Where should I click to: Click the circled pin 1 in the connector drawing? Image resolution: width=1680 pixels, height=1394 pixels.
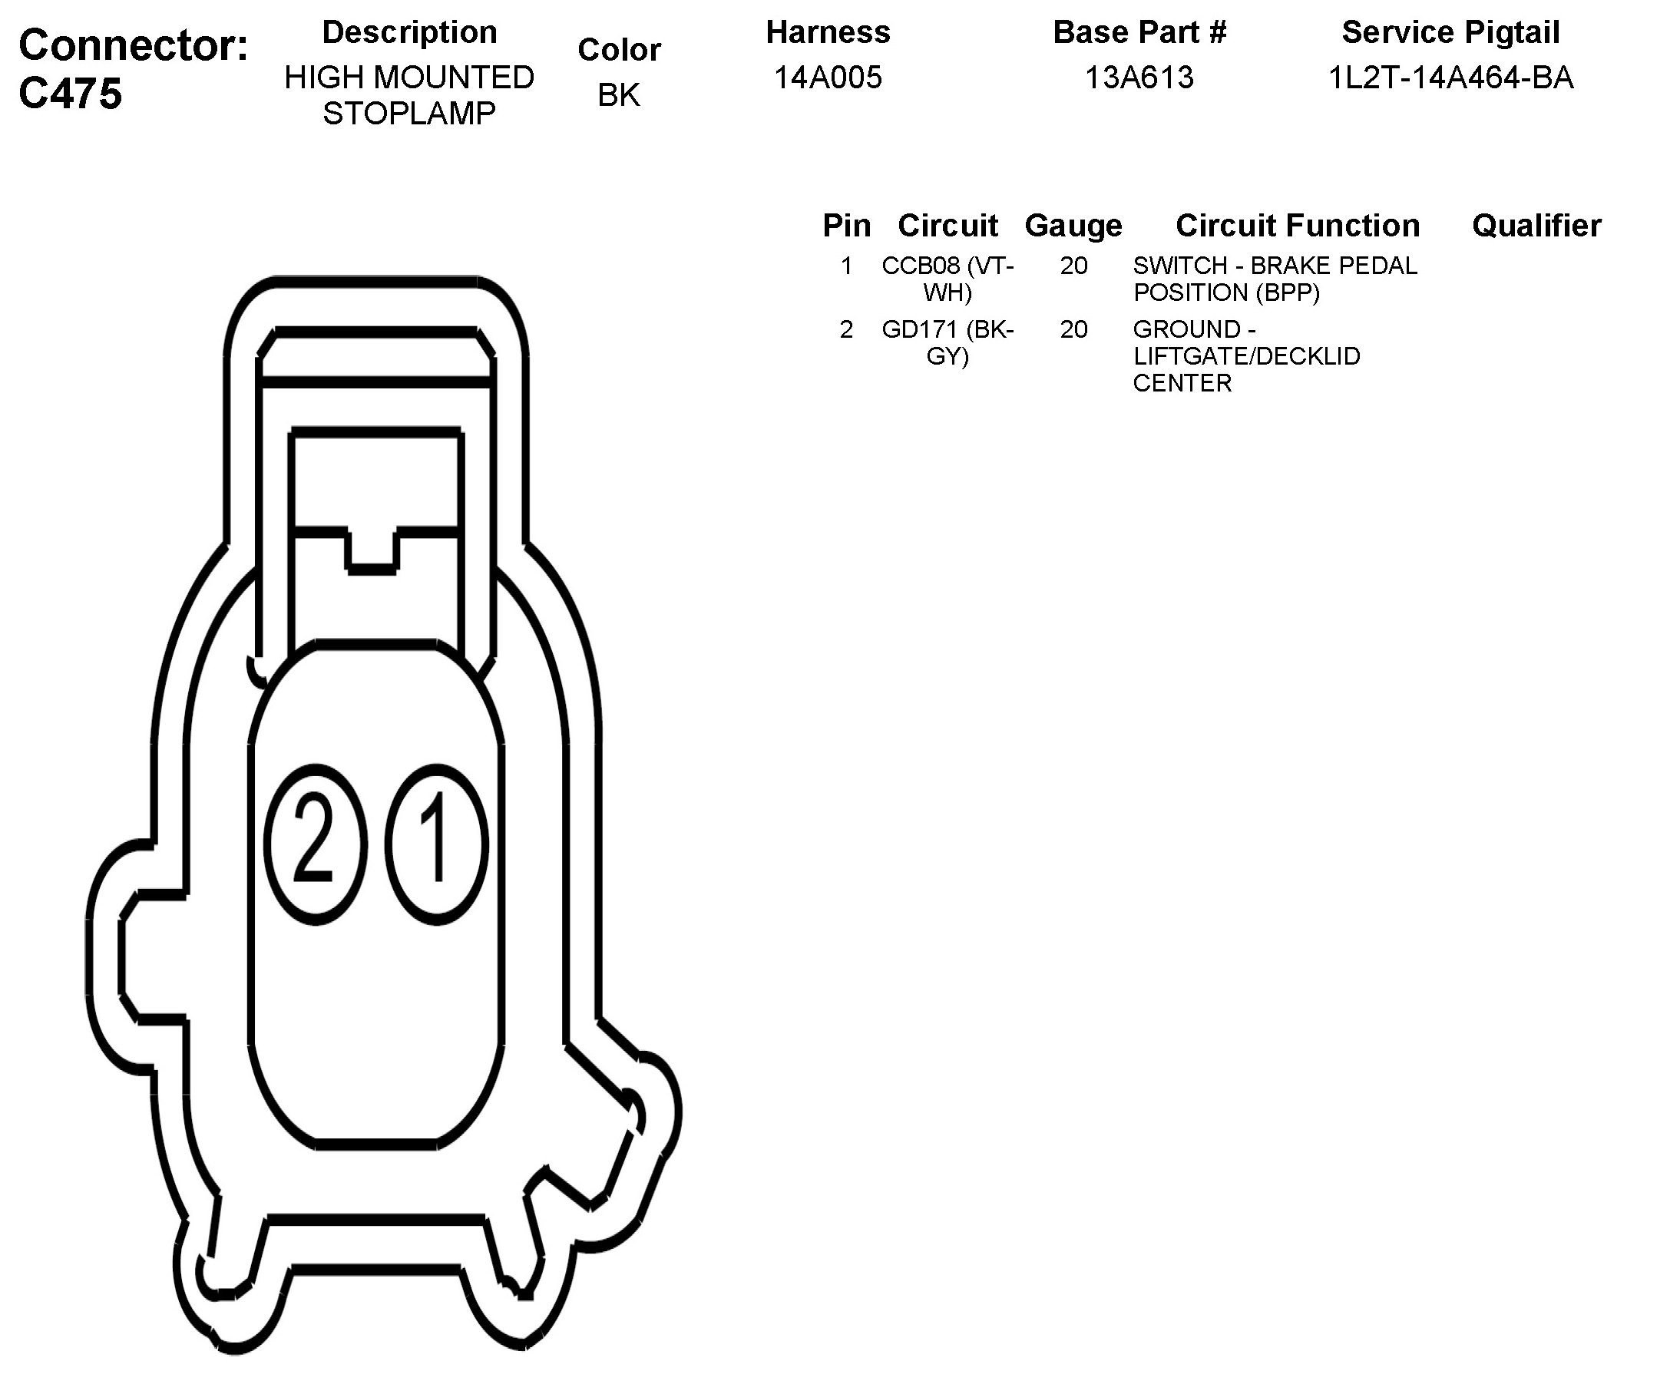437,844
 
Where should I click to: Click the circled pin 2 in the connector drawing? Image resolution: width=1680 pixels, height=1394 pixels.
316,844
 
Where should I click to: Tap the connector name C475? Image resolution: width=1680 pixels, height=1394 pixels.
71,94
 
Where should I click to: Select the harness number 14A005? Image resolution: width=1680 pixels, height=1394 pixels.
828,78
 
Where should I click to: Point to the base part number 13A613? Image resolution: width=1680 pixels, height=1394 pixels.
1139,78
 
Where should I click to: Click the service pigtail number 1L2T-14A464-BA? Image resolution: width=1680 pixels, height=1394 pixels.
1450,78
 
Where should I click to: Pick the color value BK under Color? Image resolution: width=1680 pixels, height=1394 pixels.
619,95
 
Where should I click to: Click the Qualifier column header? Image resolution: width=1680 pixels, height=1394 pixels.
1536,226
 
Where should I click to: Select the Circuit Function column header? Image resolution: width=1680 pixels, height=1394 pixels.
1298,226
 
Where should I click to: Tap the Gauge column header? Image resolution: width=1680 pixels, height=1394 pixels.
1073,226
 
